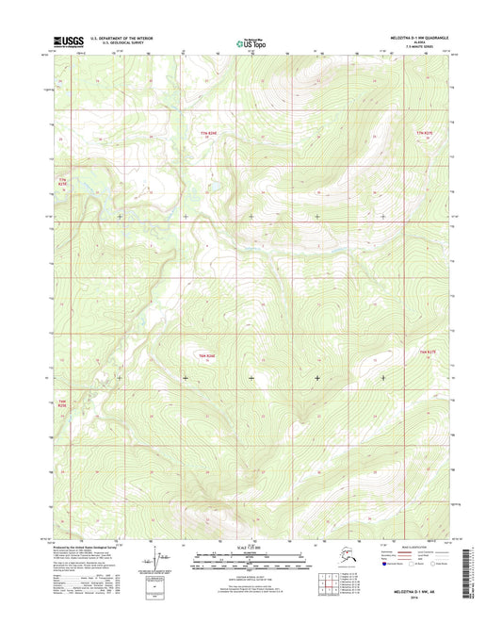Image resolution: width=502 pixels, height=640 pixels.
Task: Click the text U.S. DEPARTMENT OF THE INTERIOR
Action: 121,38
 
